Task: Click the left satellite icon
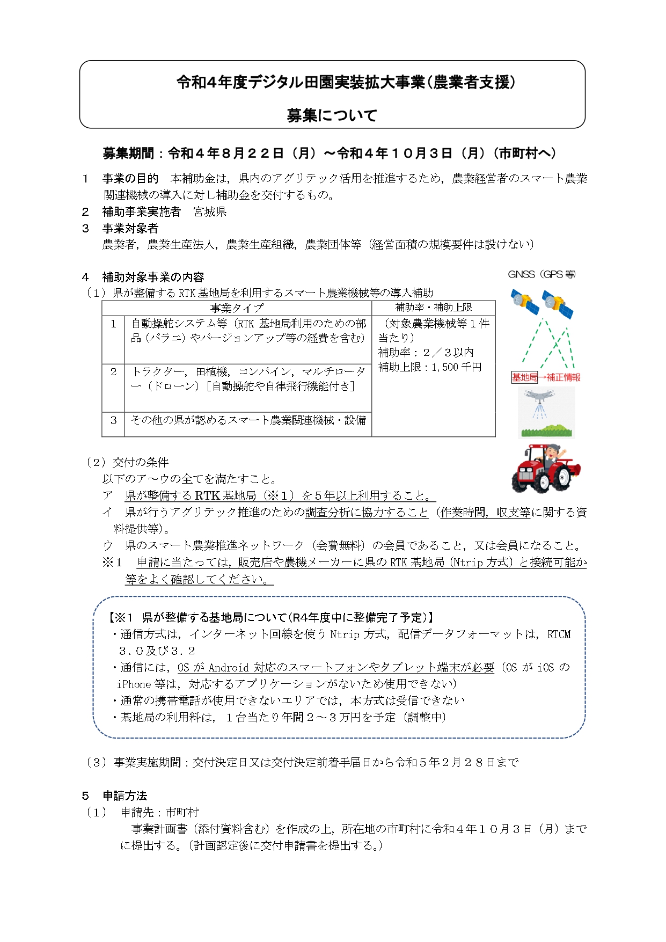[524, 303]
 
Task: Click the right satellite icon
[557, 304]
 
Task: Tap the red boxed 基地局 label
[524, 377]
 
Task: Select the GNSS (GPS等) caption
[541, 274]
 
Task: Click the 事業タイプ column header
[237, 308]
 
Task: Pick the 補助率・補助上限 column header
[433, 308]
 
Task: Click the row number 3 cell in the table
[113, 420]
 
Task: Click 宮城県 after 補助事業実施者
[210, 212]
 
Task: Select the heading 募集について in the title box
[332, 115]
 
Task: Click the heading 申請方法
[125, 795]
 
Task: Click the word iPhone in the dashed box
[134, 684]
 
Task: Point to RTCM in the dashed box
[559, 634]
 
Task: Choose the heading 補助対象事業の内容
[153, 278]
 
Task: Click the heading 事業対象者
[130, 229]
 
